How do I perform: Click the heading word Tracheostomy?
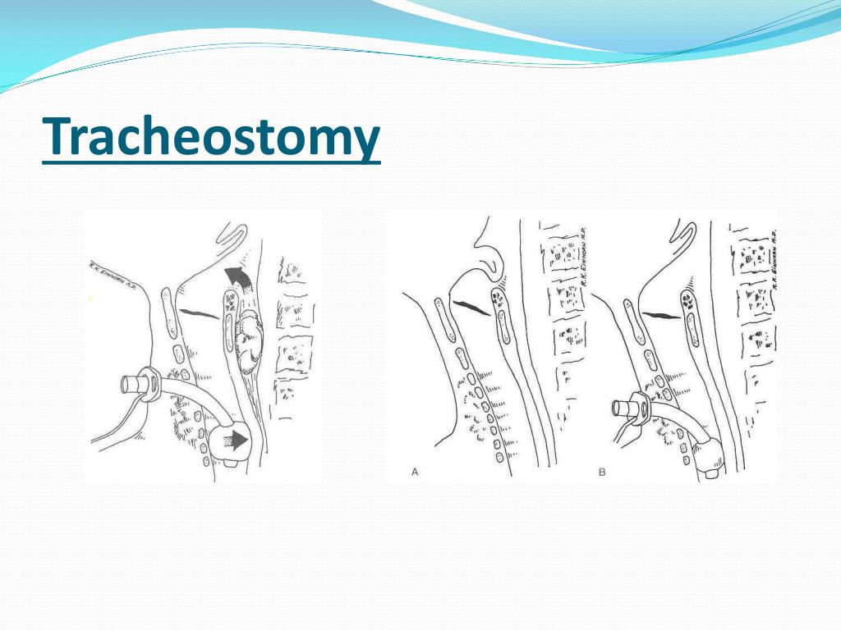tap(211, 138)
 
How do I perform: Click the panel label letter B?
tap(601, 472)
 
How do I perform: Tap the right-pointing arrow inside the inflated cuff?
tap(236, 441)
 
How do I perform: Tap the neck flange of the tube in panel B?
tap(641, 405)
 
